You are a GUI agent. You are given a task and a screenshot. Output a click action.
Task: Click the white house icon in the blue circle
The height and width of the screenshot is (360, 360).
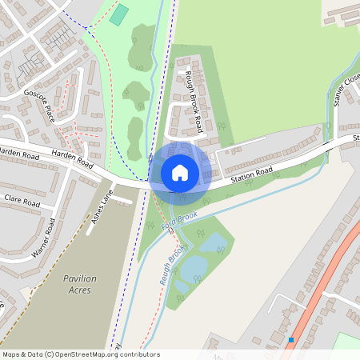pos(180,172)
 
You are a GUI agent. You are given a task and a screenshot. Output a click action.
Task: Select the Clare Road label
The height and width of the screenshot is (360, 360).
pos(22,201)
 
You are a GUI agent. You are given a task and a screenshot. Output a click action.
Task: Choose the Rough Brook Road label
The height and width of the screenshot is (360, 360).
pos(193,101)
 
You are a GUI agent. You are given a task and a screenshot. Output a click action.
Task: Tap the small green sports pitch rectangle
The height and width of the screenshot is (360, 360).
pos(119,14)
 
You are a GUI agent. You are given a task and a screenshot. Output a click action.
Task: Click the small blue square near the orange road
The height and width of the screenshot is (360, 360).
pos(291,340)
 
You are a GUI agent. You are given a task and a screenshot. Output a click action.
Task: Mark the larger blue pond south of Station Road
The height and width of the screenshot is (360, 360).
pos(212,242)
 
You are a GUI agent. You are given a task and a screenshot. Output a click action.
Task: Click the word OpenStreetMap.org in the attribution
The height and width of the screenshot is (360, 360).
pos(89,354)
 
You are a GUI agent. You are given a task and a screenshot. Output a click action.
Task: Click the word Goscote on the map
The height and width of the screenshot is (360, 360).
pos(35,95)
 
